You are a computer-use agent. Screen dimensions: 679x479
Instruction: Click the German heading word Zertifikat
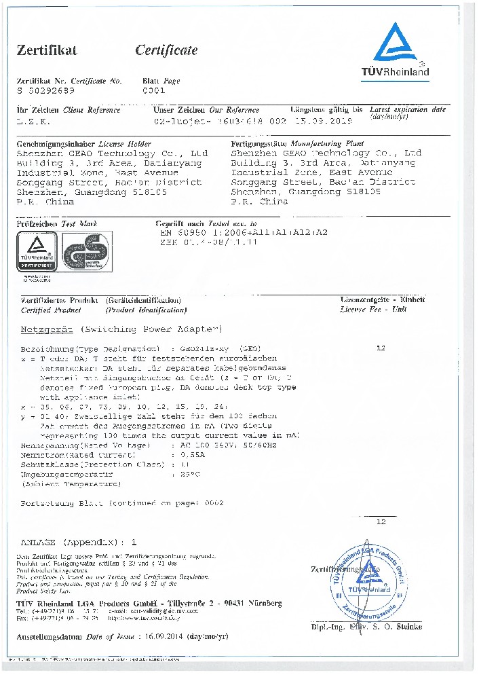pos(47,50)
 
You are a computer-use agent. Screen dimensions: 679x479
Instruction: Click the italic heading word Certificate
pos(166,50)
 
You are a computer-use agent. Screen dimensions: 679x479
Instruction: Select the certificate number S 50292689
pos(47,90)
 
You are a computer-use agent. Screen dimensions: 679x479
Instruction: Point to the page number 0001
pos(153,90)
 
